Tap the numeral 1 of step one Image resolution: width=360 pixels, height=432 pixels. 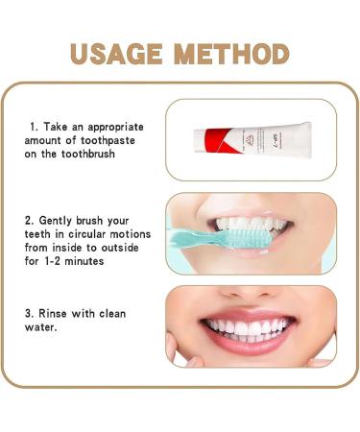(34, 127)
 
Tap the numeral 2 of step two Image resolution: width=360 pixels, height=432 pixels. (29, 220)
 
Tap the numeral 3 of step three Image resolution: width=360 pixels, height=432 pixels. (30, 313)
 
